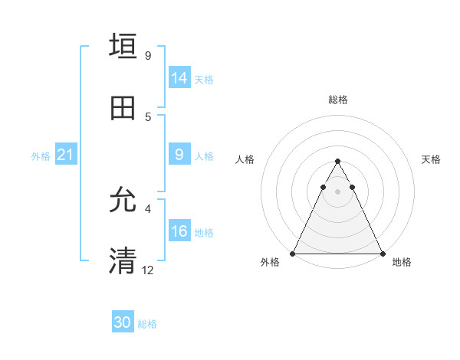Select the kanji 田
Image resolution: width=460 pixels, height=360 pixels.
[x=123, y=108]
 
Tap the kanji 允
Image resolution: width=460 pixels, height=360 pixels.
[x=123, y=201]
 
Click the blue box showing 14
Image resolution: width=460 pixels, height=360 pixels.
[x=179, y=78]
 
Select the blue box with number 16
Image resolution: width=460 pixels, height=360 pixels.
[x=179, y=232]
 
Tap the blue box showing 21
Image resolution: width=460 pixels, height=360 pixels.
[x=65, y=155]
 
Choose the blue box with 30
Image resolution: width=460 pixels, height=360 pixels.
[x=123, y=323]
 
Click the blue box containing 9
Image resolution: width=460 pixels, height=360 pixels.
[x=179, y=155]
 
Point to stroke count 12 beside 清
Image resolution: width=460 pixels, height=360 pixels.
[x=148, y=270]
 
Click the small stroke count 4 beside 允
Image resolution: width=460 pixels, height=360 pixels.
[x=148, y=208]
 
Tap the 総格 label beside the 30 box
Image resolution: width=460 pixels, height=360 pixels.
[x=147, y=324]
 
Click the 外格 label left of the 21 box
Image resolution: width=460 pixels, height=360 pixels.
[x=41, y=156]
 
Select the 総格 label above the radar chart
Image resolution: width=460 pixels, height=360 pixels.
[x=337, y=100]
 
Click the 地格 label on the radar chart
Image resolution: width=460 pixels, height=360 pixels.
[x=402, y=262]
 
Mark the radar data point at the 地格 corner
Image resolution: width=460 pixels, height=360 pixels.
[x=382, y=254]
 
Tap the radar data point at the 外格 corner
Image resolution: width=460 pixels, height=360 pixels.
[x=293, y=254]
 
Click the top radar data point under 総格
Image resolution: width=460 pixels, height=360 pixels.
[x=337, y=162]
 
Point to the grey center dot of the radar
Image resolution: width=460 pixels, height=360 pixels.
[x=337, y=191]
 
